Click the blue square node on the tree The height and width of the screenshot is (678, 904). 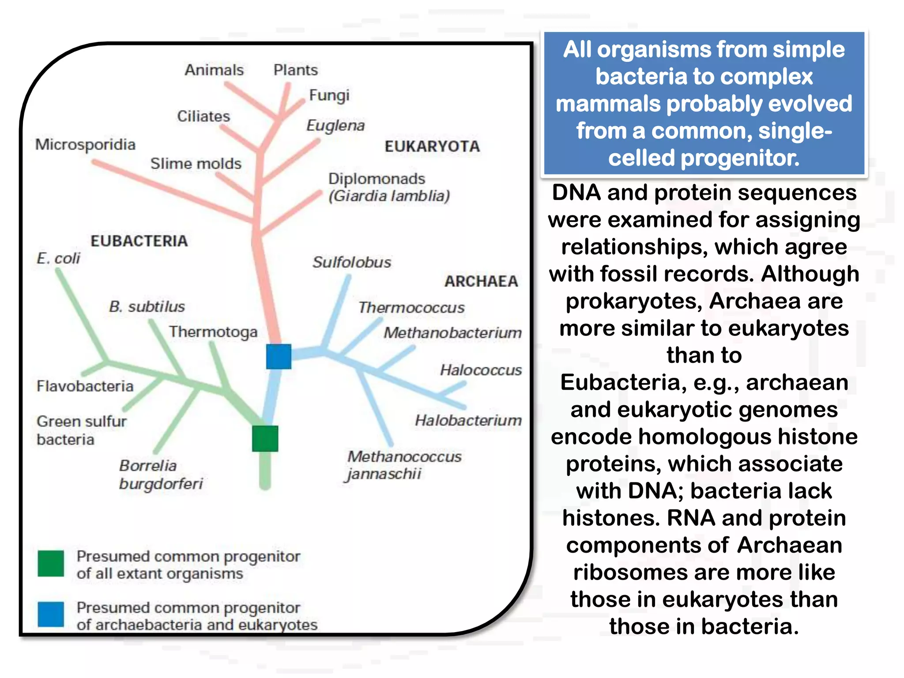click(x=279, y=357)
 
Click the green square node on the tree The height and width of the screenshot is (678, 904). click(x=265, y=438)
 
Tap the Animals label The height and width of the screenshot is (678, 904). click(x=214, y=70)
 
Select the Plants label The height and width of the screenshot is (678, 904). click(x=295, y=70)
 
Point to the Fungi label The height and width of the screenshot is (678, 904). click(x=329, y=95)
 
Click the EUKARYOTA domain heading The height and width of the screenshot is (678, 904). click(x=432, y=147)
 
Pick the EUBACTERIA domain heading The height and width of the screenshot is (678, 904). click(x=139, y=241)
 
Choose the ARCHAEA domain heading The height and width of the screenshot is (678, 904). click(x=481, y=281)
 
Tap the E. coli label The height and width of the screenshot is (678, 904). click(x=58, y=258)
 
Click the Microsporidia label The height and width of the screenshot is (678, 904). click(x=85, y=145)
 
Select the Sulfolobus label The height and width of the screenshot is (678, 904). click(x=352, y=262)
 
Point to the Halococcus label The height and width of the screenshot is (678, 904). click(x=481, y=370)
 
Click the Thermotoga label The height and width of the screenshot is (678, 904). click(x=213, y=332)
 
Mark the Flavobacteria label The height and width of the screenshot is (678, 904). click(x=85, y=386)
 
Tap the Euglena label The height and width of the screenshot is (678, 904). click(x=335, y=126)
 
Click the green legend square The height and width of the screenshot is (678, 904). click(x=51, y=563)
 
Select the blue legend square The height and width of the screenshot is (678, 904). click(x=51, y=614)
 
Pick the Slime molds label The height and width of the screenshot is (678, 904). click(x=196, y=164)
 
